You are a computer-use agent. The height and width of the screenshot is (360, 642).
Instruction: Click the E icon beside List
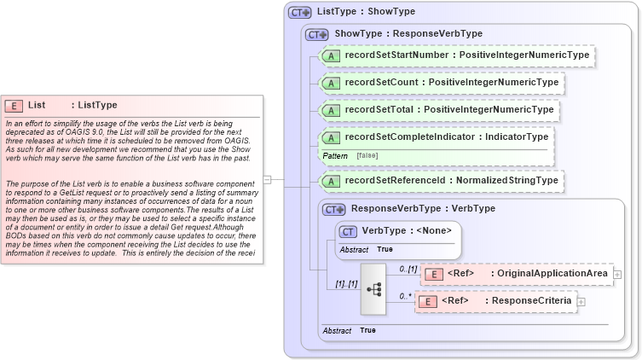click(14, 105)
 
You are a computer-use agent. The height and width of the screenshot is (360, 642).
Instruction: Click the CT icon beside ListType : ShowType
click(299, 12)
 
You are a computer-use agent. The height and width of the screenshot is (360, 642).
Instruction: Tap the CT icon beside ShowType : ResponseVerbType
click(317, 34)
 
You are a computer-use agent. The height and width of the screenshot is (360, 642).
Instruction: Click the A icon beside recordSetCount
click(330, 83)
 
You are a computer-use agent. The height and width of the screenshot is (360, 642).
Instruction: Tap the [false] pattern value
click(367, 156)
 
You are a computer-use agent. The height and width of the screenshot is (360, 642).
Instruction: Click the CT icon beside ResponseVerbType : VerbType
click(333, 208)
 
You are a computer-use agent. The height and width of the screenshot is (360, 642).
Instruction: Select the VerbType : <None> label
click(406, 230)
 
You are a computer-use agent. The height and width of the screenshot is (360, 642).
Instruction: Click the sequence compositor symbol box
click(373, 287)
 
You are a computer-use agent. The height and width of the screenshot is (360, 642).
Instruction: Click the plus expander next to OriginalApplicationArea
click(617, 274)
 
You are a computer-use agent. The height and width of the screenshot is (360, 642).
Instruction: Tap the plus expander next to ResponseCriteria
click(581, 301)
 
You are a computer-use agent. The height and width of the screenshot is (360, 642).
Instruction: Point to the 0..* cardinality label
click(405, 295)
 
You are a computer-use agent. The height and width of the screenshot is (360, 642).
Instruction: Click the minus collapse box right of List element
click(268, 180)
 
